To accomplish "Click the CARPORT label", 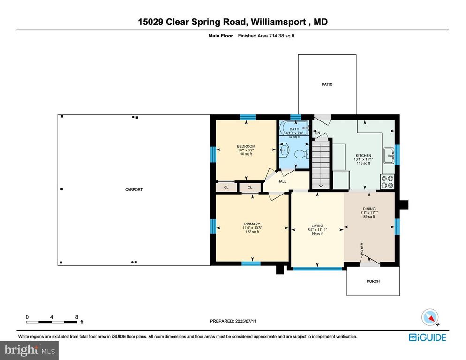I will (x=134, y=190).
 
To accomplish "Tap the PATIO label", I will (x=327, y=84).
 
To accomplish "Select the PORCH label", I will (x=373, y=281).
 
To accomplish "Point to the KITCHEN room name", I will (x=363, y=156).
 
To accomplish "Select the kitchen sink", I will (x=388, y=156).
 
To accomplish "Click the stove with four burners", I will (x=387, y=181).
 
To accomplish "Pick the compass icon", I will (x=430, y=317).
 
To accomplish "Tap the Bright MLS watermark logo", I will (x=29, y=349).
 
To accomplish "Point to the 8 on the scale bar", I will (x=77, y=317).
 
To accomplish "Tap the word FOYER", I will (x=361, y=248).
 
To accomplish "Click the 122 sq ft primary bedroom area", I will (x=252, y=232).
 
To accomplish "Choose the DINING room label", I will (x=369, y=209).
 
